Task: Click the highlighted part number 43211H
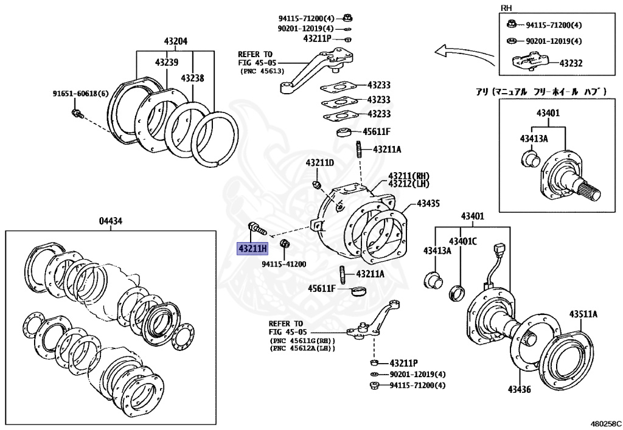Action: tap(252, 249)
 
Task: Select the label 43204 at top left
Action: tap(175, 42)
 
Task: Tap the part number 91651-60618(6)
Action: tap(80, 94)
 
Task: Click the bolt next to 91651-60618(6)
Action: tap(76, 113)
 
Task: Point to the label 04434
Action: tap(111, 221)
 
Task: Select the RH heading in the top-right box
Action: tap(506, 8)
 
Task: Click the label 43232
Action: tap(571, 63)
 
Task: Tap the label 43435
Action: tap(428, 203)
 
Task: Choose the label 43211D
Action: tap(320, 163)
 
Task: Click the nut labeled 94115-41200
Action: tap(284, 244)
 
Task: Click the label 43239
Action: tap(166, 62)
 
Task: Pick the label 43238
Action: tap(192, 78)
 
